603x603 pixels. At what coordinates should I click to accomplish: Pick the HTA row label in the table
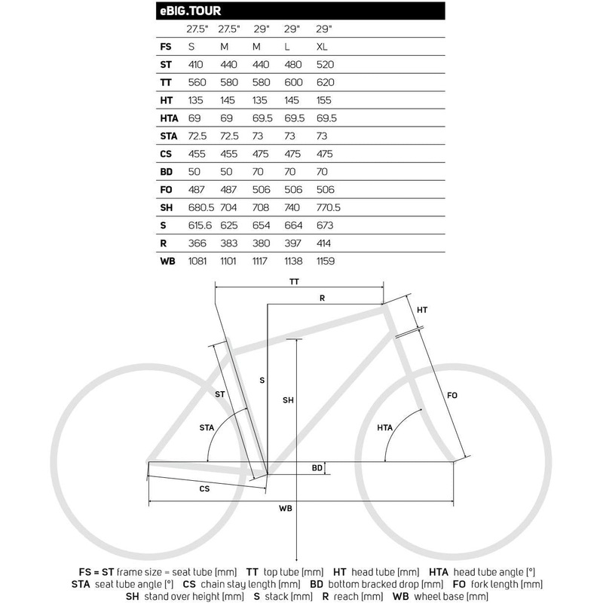coord(169,118)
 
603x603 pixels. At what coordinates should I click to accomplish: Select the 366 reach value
coord(195,243)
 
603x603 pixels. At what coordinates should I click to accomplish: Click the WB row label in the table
coord(167,261)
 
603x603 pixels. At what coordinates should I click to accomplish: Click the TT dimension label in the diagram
coord(294,280)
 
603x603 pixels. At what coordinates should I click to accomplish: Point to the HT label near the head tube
coord(422,310)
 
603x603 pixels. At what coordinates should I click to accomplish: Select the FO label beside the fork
coord(452,395)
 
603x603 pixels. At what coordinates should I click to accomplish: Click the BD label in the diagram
coord(317,468)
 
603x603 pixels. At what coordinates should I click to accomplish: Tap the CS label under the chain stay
coord(204,488)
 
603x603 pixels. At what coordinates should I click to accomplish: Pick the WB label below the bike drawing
coord(285,509)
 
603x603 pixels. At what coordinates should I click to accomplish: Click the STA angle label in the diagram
coord(207,427)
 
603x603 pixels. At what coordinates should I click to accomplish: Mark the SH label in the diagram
coord(287,400)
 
